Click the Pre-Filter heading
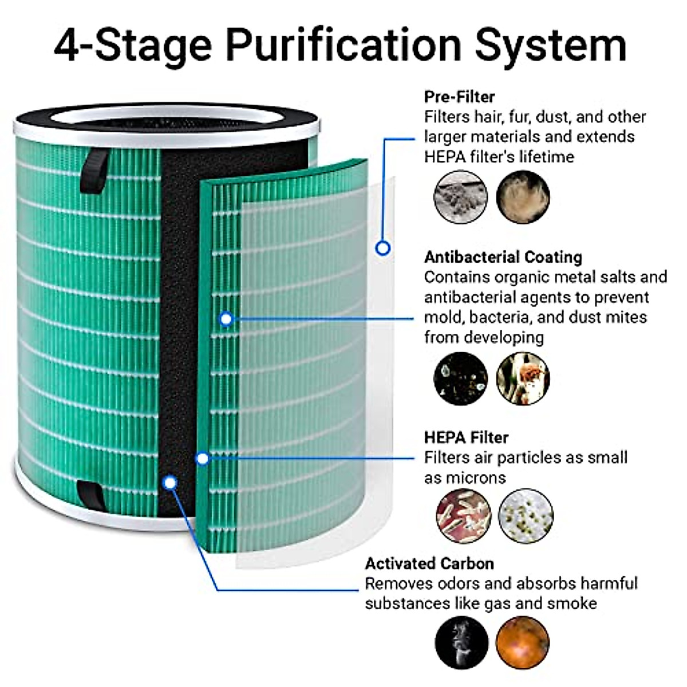click(x=459, y=96)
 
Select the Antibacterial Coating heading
click(x=503, y=257)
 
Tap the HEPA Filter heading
click(x=466, y=437)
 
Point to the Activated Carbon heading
click(x=429, y=563)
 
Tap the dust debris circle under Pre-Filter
click(x=461, y=197)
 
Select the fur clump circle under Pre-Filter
click(x=523, y=197)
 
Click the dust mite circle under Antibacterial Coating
click(x=523, y=378)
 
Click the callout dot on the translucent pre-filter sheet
click(x=383, y=248)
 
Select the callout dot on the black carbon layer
click(x=169, y=483)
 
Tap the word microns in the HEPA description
click(x=477, y=477)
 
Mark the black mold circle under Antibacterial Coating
click(x=461, y=378)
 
